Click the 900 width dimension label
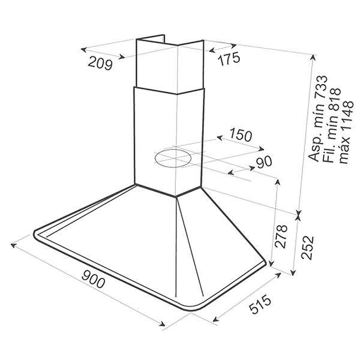coord(93,279)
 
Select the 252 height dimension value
coord(307,247)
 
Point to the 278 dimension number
coord(281,236)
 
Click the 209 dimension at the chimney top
coord(100,62)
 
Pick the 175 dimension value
coord(229,59)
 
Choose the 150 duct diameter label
coord(240,135)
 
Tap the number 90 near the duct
coord(264,161)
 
